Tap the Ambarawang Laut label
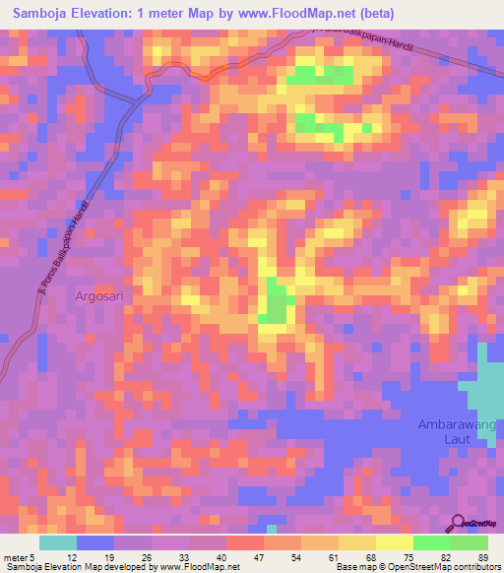click(x=459, y=434)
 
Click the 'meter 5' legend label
click(x=18, y=557)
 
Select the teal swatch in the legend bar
click(x=58, y=542)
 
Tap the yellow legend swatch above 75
click(x=395, y=542)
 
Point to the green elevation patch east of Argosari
click(x=277, y=303)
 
